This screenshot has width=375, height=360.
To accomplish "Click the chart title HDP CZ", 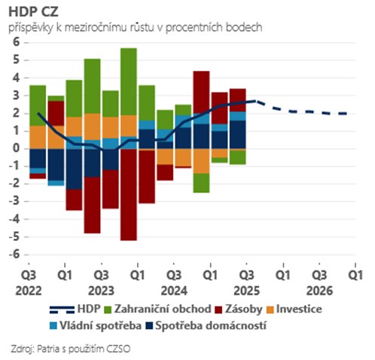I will [x=34, y=12].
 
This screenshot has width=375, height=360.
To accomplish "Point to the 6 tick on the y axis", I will [x=14, y=42].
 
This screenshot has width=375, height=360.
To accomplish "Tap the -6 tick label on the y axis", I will [x=13, y=255].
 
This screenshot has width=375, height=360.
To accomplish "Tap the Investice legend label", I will [x=300, y=310].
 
